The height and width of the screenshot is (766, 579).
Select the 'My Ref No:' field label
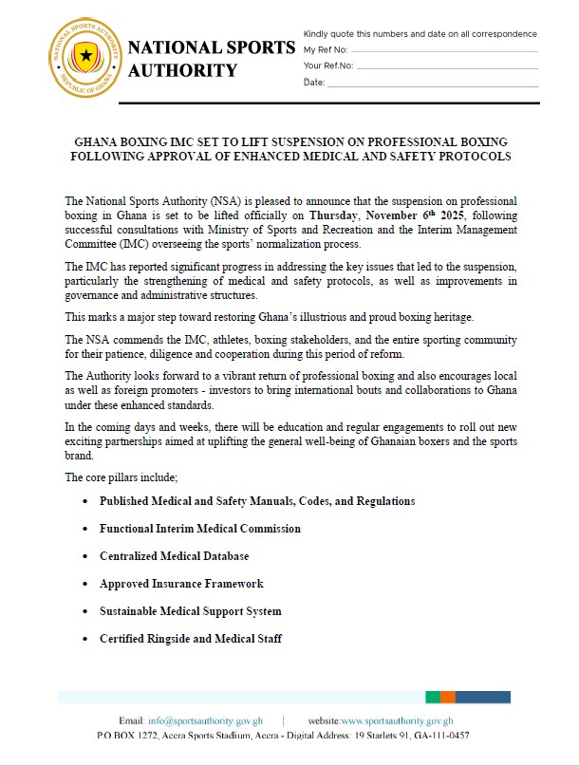(326, 49)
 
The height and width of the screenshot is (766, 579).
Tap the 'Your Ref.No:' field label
(328, 65)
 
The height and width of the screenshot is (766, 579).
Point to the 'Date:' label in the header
(314, 83)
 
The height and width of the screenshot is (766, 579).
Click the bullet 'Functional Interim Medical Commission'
(200, 529)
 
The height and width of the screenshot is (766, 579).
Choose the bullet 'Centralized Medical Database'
(175, 556)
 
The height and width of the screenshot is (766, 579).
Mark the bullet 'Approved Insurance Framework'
(181, 584)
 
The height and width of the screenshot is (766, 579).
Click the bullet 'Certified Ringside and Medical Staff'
(191, 639)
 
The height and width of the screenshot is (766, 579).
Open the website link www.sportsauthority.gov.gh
(397, 721)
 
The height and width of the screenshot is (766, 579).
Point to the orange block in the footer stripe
(448, 697)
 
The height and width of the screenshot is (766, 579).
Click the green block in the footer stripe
(433, 697)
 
